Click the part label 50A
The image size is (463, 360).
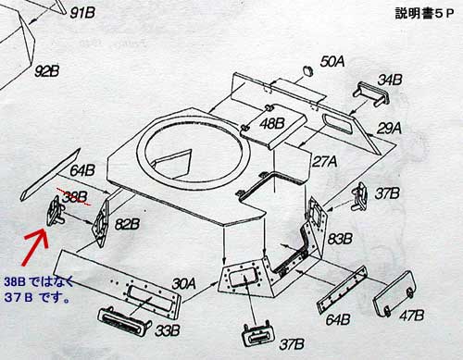click(x=332, y=62)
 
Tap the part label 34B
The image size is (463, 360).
click(x=390, y=81)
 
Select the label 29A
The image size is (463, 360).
click(x=389, y=129)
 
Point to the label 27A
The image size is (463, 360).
click(x=325, y=161)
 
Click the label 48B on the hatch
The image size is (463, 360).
click(x=271, y=124)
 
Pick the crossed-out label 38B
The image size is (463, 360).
click(x=75, y=197)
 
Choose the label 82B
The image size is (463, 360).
click(x=127, y=224)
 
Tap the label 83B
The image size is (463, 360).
click(x=340, y=239)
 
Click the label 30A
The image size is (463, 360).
click(x=183, y=284)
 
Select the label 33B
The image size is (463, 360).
click(x=168, y=331)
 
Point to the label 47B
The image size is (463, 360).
click(x=412, y=316)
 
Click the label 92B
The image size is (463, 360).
click(x=46, y=71)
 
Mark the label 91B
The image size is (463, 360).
click(x=82, y=13)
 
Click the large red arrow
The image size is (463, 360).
click(x=34, y=248)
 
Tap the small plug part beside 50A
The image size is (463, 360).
click(x=307, y=70)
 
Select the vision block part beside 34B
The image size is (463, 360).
click(x=371, y=93)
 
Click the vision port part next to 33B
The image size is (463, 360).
click(x=124, y=321)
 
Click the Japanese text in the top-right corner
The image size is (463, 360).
click(x=424, y=14)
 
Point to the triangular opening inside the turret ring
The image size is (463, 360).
click(x=172, y=164)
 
